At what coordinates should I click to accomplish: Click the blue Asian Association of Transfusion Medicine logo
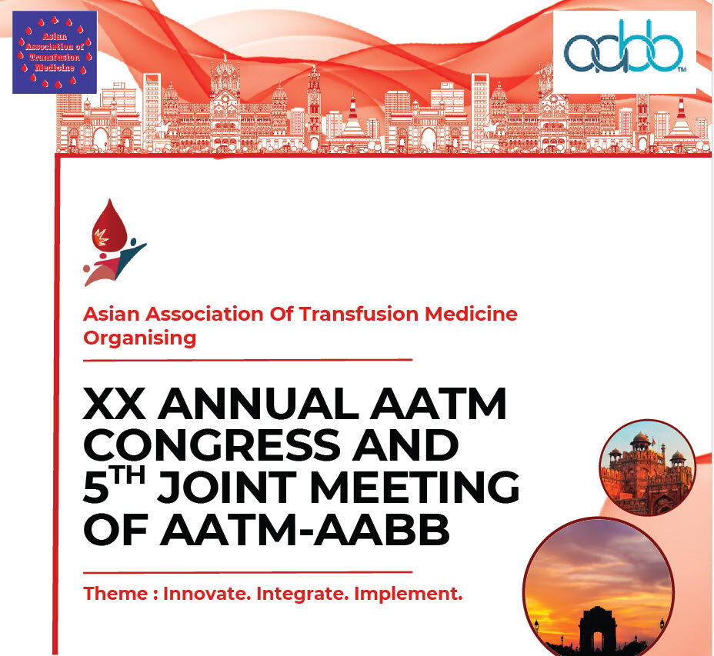[55, 52]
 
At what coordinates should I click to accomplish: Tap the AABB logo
[624, 52]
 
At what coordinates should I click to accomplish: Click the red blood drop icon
[110, 226]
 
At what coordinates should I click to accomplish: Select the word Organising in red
[140, 338]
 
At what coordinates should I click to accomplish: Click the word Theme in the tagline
[115, 594]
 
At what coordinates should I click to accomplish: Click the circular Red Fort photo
[647, 468]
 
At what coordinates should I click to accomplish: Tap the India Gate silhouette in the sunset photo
[598, 631]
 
